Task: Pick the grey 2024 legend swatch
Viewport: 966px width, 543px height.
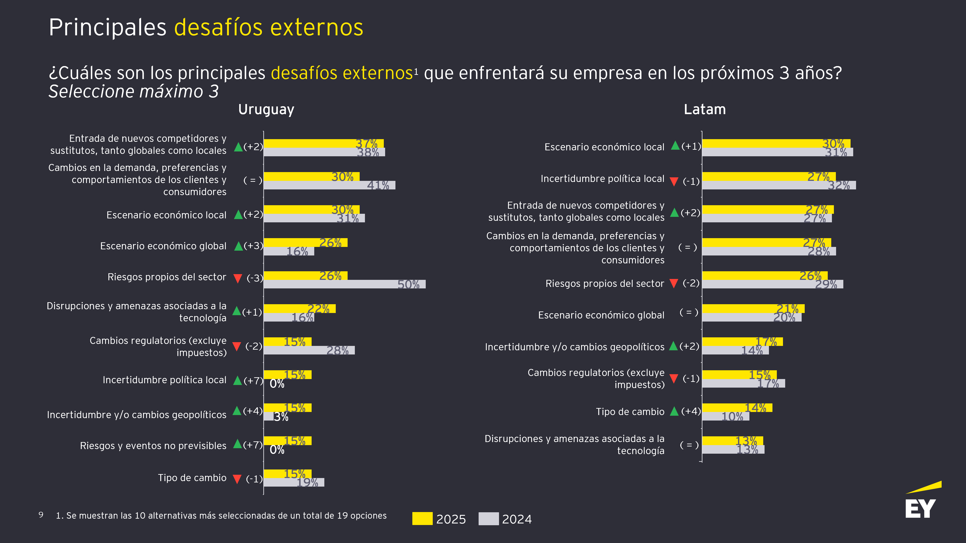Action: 488,519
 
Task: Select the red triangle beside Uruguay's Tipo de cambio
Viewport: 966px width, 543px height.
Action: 237,479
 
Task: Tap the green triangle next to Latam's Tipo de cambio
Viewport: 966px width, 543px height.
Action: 674,411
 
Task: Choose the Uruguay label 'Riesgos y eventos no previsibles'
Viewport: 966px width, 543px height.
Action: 153,446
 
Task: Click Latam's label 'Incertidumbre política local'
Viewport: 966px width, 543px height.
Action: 602,178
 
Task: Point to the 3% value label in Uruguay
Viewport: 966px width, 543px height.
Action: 281,417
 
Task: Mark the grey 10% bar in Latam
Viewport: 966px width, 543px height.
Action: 726,416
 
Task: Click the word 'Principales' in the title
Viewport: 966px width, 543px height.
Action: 107,27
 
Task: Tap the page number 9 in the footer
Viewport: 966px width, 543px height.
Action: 41,515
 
